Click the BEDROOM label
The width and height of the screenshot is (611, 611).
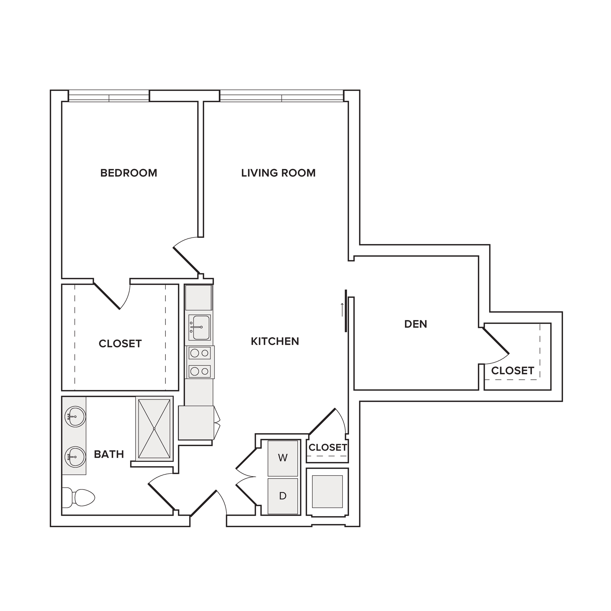click(129, 173)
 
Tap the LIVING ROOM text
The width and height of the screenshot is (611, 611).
click(278, 173)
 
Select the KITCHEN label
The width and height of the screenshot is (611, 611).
click(275, 341)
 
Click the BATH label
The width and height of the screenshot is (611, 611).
click(109, 454)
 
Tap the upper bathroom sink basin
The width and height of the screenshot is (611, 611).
click(75, 417)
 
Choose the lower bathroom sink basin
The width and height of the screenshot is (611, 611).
click(75, 457)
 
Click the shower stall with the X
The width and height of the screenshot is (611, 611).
click(154, 429)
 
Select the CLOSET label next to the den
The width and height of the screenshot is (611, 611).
click(513, 371)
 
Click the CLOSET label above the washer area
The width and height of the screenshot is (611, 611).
click(328, 447)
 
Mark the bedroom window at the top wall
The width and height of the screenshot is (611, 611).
click(109, 96)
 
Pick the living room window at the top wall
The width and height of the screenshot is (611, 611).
click(281, 96)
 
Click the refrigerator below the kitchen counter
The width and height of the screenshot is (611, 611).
click(196, 423)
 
